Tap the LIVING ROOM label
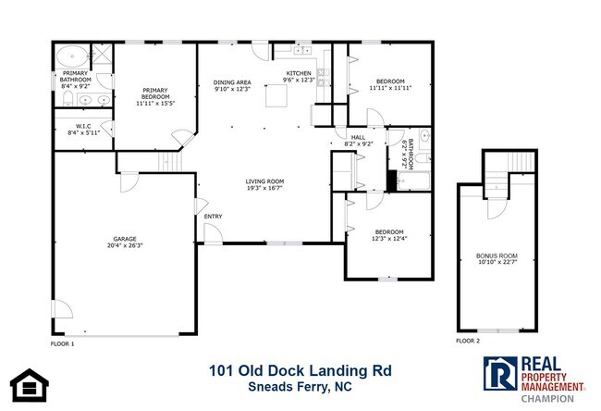264,181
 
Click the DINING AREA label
232,82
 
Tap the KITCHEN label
298,73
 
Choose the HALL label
357,137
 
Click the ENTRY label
214,217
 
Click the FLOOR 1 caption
63,343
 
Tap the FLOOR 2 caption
468,341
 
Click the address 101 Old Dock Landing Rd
300,371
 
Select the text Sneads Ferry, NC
300,389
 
